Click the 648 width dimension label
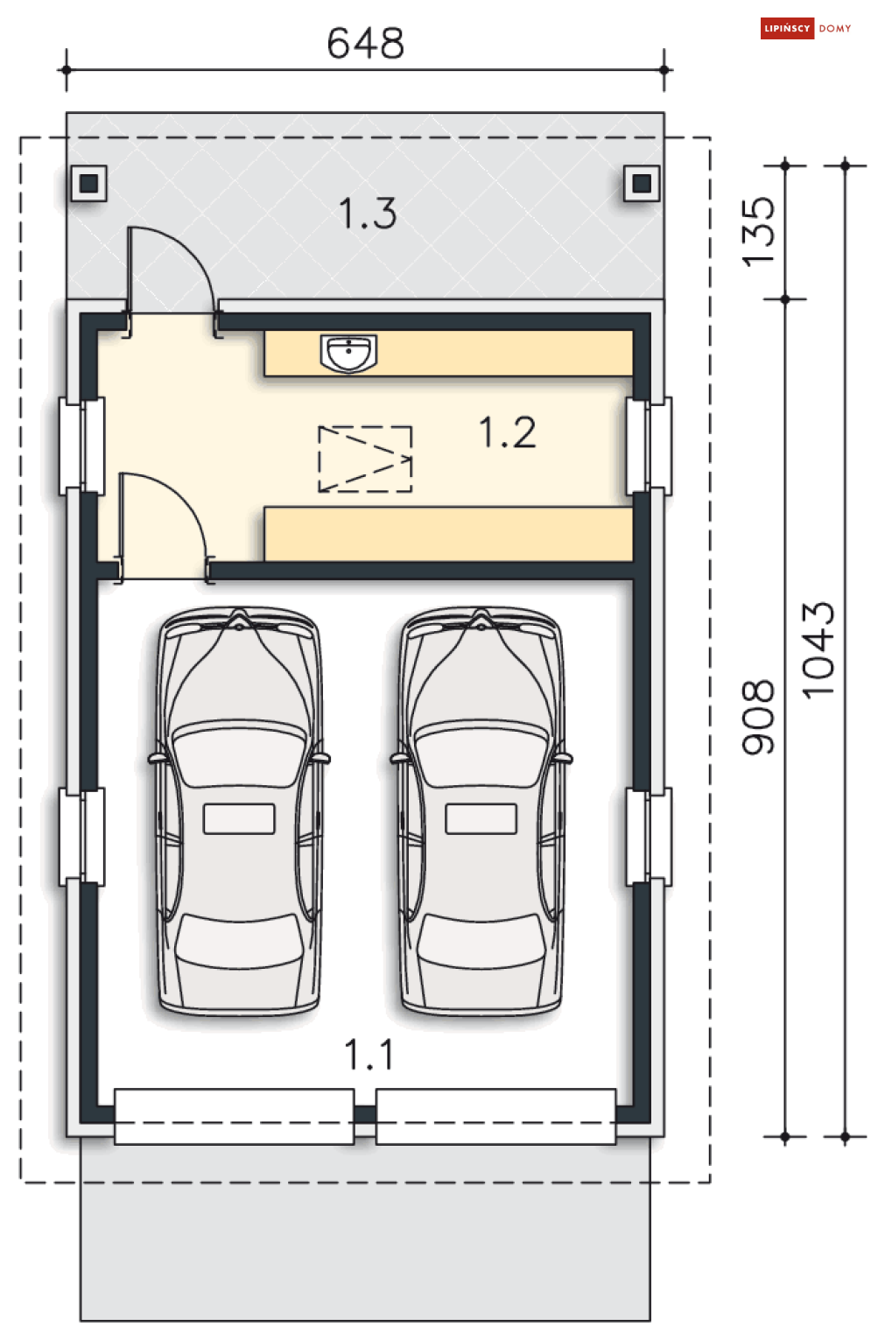click(x=366, y=43)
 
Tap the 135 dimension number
click(x=758, y=232)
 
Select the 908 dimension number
click(x=758, y=717)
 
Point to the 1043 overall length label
click(x=818, y=650)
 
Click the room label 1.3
click(x=368, y=214)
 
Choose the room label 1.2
click(x=508, y=432)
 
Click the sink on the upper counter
click(x=348, y=354)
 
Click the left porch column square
click(x=89, y=183)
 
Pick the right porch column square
click(x=642, y=183)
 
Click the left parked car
click(x=239, y=810)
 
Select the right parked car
click(x=481, y=810)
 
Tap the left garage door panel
click(x=234, y=1116)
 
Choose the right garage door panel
click(x=496, y=1116)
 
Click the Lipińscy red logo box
click(x=787, y=28)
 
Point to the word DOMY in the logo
click(x=834, y=29)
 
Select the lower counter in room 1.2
click(x=449, y=534)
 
